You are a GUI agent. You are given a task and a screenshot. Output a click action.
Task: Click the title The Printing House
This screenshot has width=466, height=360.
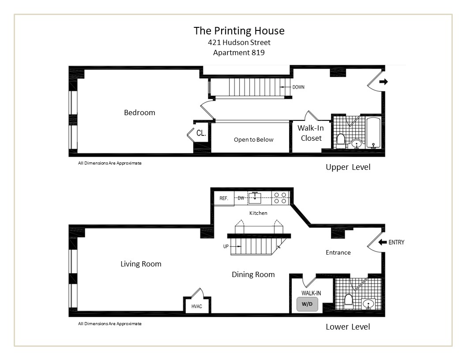tap(239, 31)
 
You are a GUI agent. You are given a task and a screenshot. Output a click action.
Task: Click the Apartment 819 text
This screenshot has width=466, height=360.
tap(239, 52)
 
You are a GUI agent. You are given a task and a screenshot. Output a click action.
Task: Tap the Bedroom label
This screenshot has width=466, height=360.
tap(139, 112)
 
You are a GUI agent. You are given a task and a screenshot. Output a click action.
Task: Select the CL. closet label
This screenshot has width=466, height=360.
tap(201, 133)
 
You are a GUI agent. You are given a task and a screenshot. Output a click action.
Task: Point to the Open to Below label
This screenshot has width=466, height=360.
tap(253, 140)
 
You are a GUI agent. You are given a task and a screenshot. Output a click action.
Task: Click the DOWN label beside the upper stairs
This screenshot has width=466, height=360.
tap(298, 87)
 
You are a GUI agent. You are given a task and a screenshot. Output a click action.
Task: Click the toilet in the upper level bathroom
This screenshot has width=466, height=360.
tap(340, 140)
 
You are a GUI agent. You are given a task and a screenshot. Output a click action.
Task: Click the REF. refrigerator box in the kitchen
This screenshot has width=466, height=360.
tap(224, 199)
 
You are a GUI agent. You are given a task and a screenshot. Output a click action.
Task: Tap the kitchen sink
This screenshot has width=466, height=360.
tap(255, 197)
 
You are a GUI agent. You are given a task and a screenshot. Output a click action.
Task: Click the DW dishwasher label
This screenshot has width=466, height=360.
tap(241, 199)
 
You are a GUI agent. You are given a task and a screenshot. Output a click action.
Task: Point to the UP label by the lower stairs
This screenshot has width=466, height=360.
tap(226, 246)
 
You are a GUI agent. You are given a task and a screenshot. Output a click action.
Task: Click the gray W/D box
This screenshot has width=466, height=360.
tap(307, 304)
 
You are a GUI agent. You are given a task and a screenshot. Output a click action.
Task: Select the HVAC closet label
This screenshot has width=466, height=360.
tap(197, 306)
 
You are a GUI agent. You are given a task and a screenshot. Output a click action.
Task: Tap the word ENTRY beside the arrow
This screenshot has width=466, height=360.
tap(396, 242)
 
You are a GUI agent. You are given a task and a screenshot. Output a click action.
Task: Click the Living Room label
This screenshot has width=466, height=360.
tap(141, 264)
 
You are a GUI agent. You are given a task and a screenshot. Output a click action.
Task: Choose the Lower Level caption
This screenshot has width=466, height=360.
tap(348, 327)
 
